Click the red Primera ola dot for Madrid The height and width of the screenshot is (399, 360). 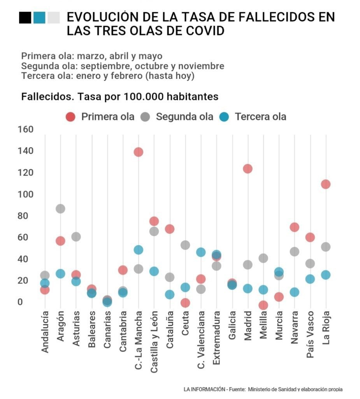pyautogui.click(x=248, y=169)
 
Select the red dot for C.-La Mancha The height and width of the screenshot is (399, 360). pyautogui.click(x=138, y=152)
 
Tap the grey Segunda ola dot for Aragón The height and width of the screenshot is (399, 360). pyautogui.click(x=60, y=208)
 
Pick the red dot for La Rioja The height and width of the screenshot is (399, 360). pyautogui.click(x=326, y=184)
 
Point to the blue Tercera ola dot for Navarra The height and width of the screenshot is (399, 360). pyautogui.click(x=295, y=292)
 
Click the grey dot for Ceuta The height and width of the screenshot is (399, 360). pyautogui.click(x=185, y=245)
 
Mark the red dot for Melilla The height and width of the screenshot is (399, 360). pyautogui.click(x=263, y=305)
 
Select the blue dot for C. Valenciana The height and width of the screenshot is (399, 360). pyautogui.click(x=201, y=252)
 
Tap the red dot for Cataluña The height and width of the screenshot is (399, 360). pyautogui.click(x=170, y=229)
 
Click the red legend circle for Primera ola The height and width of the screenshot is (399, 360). pyautogui.click(x=70, y=117)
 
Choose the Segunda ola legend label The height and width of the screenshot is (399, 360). pyautogui.click(x=184, y=117)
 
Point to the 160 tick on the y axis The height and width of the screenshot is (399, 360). pyautogui.click(x=25, y=129)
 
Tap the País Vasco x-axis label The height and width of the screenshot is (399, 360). pyautogui.click(x=310, y=332)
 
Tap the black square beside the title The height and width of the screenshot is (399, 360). pyautogui.click(x=25, y=18)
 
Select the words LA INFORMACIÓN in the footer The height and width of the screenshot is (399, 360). pyautogui.click(x=205, y=389)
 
